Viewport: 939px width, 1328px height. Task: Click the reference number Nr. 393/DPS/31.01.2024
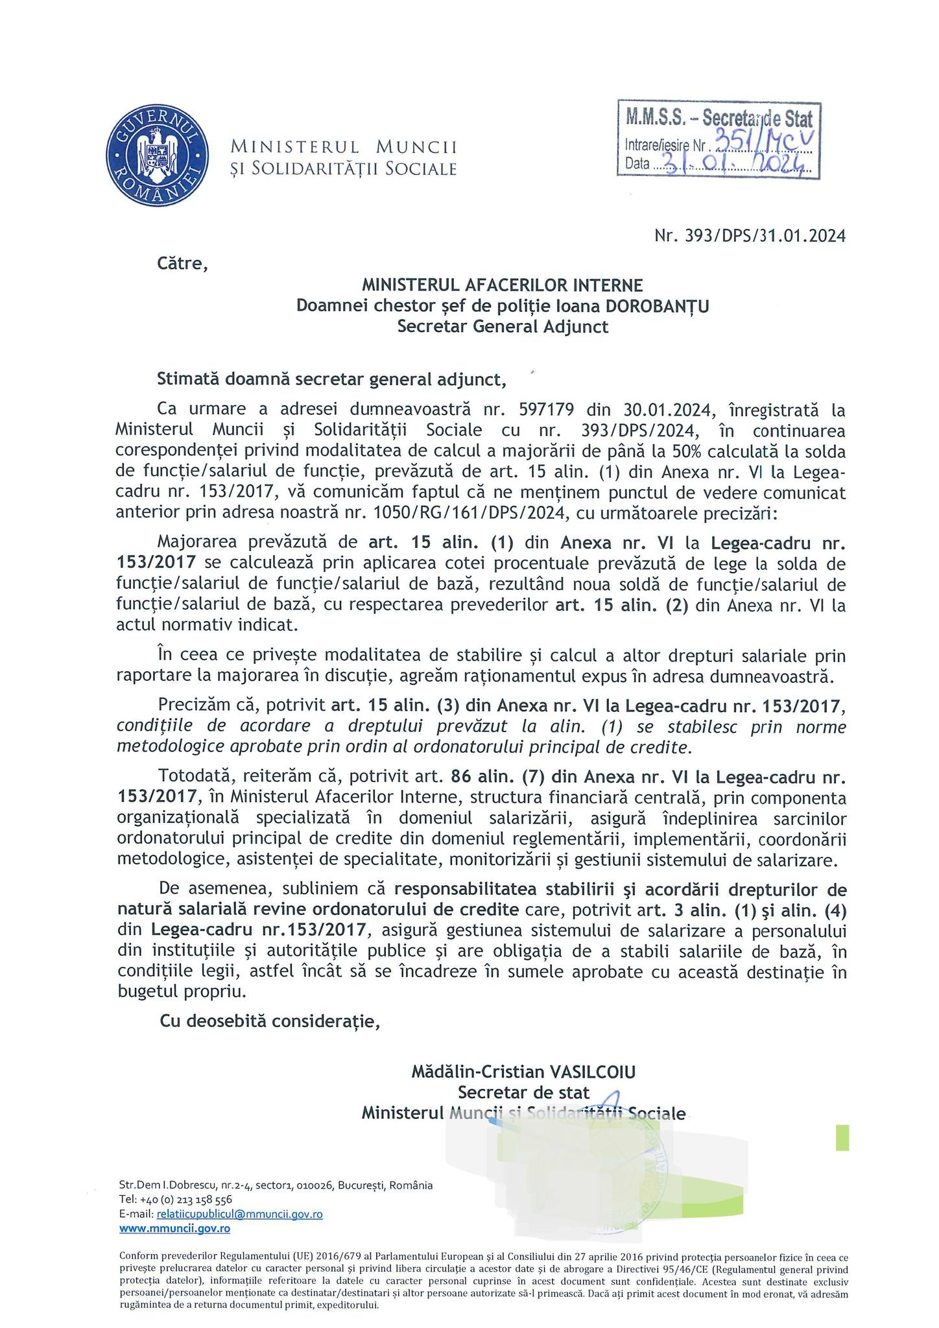point(750,236)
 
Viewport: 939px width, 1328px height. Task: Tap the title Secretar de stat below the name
point(524,1092)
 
